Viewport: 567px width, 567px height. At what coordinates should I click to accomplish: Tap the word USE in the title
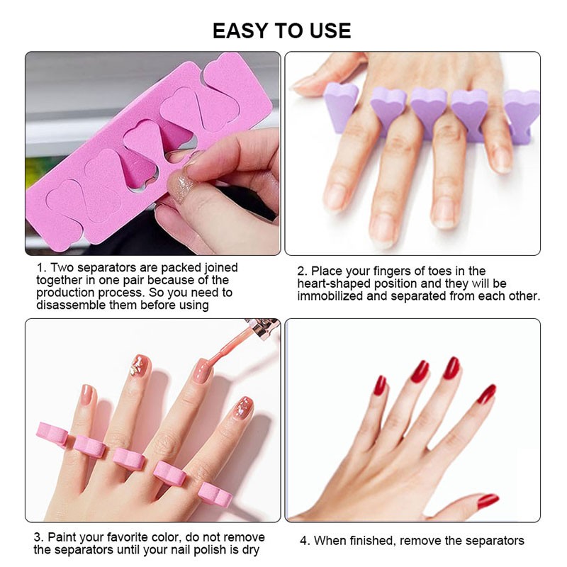click(328, 30)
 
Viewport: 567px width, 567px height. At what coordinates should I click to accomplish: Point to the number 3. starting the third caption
click(39, 537)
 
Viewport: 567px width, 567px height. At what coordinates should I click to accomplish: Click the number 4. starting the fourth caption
click(305, 541)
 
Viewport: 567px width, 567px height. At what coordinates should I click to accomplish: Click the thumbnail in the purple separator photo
click(306, 82)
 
